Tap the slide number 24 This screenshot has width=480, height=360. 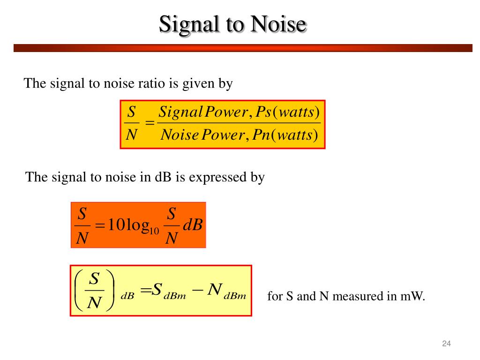click(446, 345)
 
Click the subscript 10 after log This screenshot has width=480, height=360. click(155, 231)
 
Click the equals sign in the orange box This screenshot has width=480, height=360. click(99, 226)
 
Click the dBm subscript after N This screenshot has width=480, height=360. click(235, 296)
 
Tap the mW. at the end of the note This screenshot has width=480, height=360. click(414, 297)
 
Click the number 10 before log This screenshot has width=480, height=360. click(115, 225)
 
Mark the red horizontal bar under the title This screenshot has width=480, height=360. click(243, 48)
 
